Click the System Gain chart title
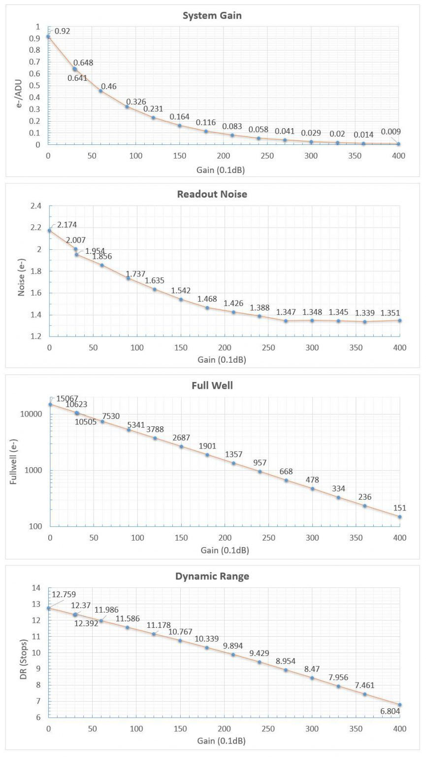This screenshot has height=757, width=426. pos(212,15)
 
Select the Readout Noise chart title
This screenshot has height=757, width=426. pos(212,194)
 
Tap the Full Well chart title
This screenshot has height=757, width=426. pos(212,385)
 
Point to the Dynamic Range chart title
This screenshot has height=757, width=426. pos(212,576)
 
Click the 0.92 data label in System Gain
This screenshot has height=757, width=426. pos(63,31)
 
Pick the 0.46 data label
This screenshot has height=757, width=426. pos(109,87)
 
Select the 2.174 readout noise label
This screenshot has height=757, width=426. pos(67,225)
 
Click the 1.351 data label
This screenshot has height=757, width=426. pos(390,312)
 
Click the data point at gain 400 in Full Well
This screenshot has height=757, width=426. pos(399,517)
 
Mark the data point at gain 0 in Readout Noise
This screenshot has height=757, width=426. pos(49,231)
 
